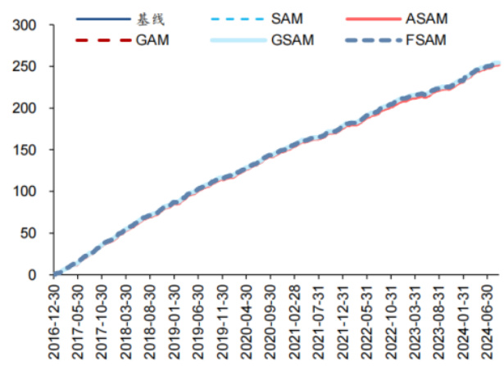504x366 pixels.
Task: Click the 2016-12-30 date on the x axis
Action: (x=54, y=322)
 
